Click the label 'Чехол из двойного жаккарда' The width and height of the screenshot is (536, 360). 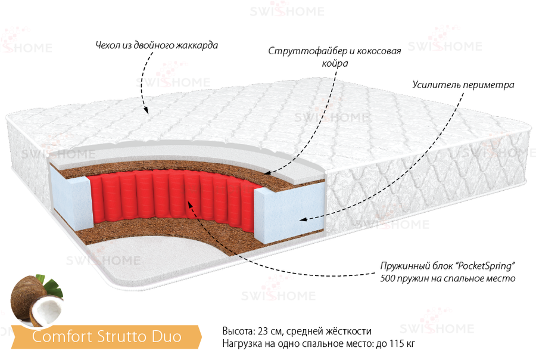(157, 45)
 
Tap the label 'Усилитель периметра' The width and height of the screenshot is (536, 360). (463, 85)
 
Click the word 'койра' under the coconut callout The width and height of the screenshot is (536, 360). (335, 64)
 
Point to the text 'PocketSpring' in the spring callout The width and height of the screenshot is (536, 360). (485, 266)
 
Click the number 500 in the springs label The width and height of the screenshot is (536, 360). (388, 278)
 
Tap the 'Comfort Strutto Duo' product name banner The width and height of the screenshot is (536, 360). (107, 337)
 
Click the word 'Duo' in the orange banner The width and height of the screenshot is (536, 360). (167, 337)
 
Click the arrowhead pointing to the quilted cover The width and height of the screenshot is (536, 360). (146, 110)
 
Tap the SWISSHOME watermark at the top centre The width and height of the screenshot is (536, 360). (287, 11)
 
